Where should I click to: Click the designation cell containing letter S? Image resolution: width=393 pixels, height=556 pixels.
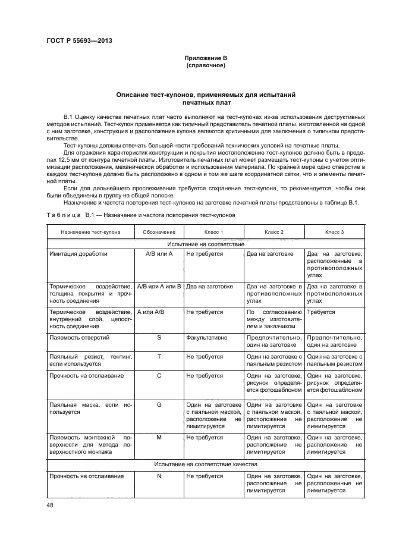159,337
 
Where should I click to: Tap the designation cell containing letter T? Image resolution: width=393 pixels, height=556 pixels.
159,356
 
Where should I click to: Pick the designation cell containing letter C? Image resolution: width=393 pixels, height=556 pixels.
159,376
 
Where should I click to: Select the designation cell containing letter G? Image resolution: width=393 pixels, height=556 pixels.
159,404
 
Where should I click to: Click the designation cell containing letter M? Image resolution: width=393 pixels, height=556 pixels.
159,436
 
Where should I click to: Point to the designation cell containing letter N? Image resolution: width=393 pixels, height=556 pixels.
159,476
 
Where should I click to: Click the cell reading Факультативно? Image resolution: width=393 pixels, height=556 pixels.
205,337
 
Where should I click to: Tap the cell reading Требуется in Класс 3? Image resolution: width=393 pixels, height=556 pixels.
321,312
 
